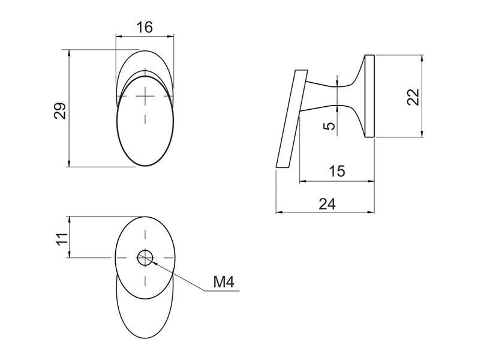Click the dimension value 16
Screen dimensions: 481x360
click(x=145, y=27)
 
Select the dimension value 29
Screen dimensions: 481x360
click(x=60, y=110)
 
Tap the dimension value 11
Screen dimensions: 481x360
click(x=62, y=238)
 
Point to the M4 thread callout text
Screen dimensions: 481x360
click(x=224, y=282)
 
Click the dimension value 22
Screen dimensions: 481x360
click(x=413, y=97)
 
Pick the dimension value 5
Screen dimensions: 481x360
click(x=329, y=126)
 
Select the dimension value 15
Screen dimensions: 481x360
click(x=337, y=171)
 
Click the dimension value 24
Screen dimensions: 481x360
click(x=327, y=204)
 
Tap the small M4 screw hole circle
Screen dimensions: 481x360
click(x=145, y=257)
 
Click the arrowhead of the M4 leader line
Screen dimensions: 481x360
click(x=155, y=262)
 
